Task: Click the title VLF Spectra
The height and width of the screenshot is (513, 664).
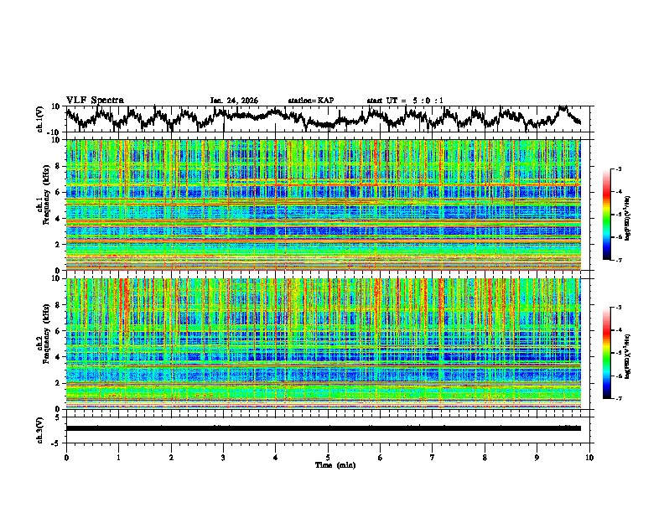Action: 95,100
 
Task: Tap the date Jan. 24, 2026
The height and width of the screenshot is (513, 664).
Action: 234,101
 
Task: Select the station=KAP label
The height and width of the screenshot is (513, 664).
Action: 310,101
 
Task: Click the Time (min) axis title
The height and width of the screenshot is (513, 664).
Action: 327,464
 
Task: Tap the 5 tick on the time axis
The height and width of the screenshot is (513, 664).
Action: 328,457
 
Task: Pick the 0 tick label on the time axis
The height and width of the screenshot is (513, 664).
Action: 66,457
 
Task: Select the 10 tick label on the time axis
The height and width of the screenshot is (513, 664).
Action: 589,457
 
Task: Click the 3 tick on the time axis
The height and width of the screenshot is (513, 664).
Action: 223,457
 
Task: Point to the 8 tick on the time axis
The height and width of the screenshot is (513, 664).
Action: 485,457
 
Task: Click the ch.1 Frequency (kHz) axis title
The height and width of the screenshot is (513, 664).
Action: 44,205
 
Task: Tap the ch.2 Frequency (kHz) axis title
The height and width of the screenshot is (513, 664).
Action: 44,343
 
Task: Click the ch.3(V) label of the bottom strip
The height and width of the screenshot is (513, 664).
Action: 40,428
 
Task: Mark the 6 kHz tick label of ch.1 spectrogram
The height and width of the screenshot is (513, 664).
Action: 60,192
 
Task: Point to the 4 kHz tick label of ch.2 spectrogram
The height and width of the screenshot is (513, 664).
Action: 60,357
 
